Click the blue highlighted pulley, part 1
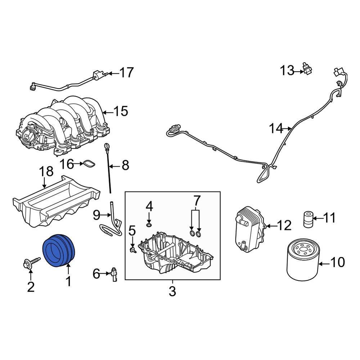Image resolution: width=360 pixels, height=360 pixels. [59, 251]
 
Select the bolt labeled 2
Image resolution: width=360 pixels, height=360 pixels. [32, 262]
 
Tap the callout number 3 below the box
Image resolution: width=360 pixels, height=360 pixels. [172, 291]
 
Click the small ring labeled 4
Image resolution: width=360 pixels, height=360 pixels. [149, 225]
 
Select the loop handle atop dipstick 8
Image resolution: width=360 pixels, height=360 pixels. [106, 146]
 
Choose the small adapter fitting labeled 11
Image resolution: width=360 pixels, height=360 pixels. [307, 220]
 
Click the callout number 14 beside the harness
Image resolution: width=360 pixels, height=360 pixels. [276, 129]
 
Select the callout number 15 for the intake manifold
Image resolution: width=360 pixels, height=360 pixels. [121, 111]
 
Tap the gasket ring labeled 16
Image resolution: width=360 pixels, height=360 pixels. [89, 164]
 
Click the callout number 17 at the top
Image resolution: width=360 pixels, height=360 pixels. [126, 73]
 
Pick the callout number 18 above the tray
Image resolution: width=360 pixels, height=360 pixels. [46, 172]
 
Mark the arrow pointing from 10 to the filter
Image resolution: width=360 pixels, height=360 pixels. [324, 264]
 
